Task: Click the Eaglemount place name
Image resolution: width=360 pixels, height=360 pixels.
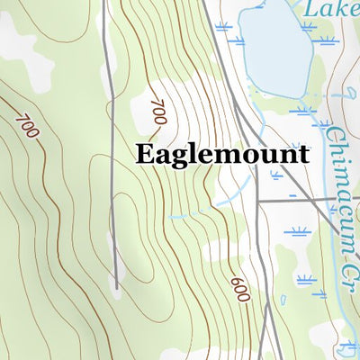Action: [x=222, y=154]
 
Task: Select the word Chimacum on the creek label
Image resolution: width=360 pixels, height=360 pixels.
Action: [x=335, y=167]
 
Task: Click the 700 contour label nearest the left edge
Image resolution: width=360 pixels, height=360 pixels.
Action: [x=27, y=124]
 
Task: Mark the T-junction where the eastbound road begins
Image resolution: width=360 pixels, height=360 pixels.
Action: [x=258, y=200]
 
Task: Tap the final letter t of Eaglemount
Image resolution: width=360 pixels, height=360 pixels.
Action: [x=302, y=154]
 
